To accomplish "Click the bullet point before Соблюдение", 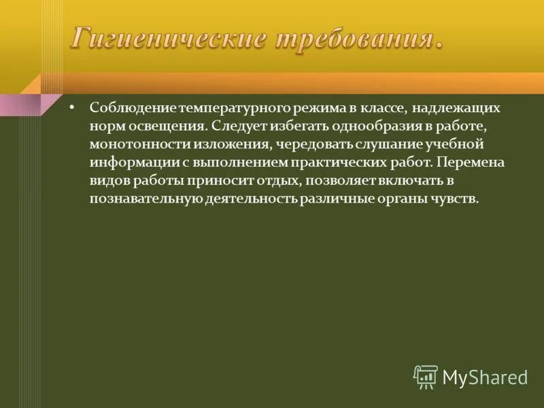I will [73, 107].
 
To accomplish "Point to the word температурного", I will [223, 108].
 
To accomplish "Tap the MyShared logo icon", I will [426, 376].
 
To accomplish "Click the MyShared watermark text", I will [485, 377].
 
